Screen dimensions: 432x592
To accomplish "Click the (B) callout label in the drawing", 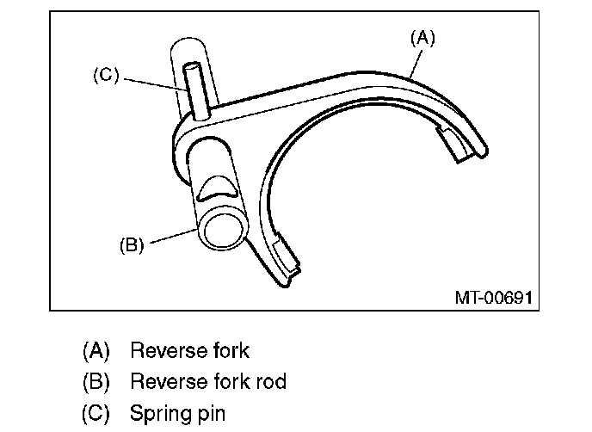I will (x=131, y=244).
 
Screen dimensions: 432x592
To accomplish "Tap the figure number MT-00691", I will (x=493, y=298).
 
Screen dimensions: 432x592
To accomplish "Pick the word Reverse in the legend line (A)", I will (x=164, y=350).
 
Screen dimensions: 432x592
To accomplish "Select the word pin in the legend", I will (x=208, y=413).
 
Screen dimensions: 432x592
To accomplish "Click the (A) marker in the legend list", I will (x=96, y=350).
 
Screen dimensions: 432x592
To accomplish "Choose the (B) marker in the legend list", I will (x=96, y=381).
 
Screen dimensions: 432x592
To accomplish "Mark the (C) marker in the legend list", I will (x=96, y=413).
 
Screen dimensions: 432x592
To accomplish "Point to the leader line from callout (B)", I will (x=171, y=237).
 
